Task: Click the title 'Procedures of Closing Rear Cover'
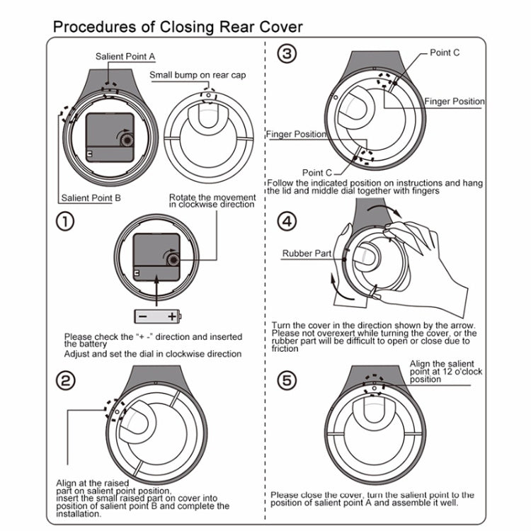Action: coord(178,27)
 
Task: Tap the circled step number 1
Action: coord(65,222)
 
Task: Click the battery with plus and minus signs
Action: coord(158,316)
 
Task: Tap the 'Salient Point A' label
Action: coord(125,55)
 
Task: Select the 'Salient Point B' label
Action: coord(91,198)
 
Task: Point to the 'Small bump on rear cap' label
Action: coord(198,74)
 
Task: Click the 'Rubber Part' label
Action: coord(307,253)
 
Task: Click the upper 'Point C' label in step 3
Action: coord(445,52)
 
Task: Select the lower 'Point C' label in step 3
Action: coord(316,172)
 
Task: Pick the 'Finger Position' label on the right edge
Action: coord(455,101)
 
